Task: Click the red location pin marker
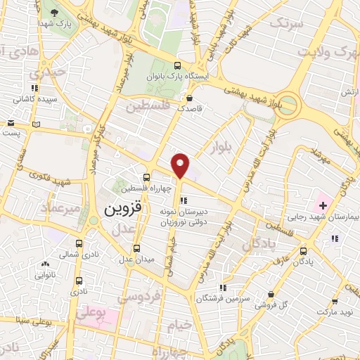[x=181, y=165]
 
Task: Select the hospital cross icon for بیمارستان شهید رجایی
[x=323, y=206]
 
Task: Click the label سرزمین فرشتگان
[x=224, y=298]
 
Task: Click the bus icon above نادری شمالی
[x=78, y=245]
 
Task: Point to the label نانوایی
[x=46, y=276]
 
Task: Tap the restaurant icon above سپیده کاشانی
[x=34, y=89]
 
